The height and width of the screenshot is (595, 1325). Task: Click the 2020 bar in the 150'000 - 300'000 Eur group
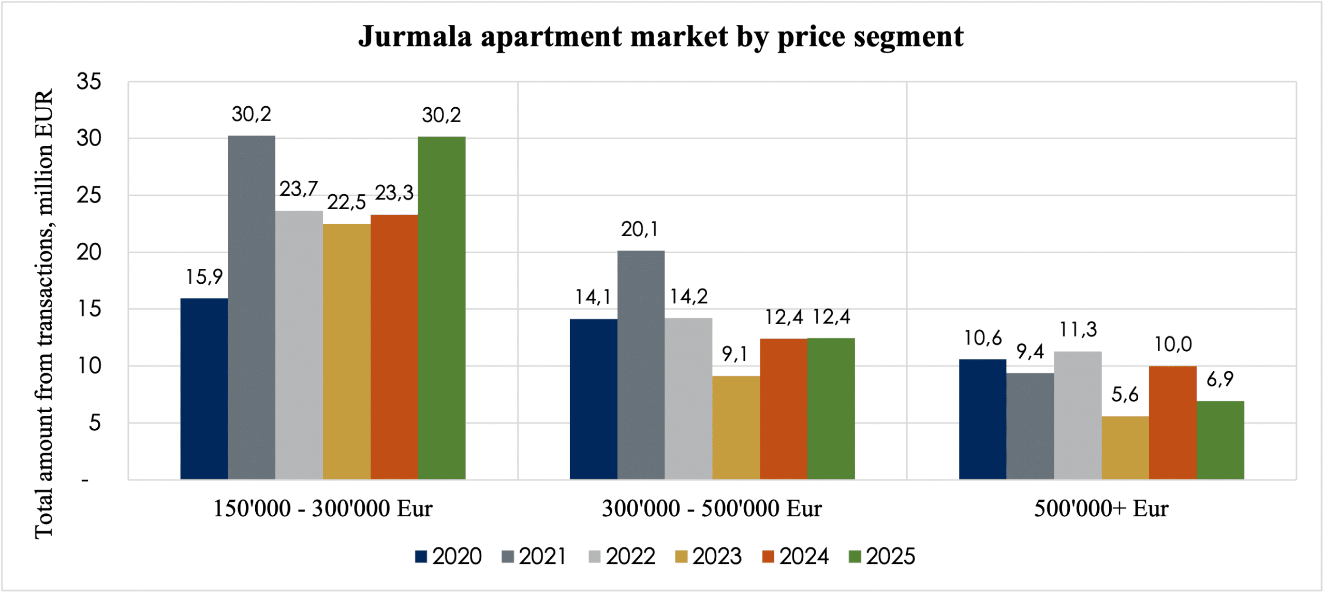[x=204, y=388]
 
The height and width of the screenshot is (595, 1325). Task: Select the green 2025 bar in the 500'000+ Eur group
[x=1220, y=440]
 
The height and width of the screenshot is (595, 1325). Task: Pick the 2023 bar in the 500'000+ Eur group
[x=1125, y=448]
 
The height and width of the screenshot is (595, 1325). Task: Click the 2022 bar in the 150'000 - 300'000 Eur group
[x=299, y=345]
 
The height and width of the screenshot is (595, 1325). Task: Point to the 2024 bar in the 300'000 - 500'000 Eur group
[x=784, y=409]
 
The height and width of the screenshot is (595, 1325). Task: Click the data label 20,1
[x=640, y=229]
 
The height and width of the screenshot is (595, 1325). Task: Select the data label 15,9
[x=204, y=277]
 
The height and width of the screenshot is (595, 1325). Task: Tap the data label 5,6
[x=1125, y=395]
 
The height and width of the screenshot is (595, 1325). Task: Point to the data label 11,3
[x=1078, y=329]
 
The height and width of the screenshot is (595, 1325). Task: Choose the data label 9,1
[x=735, y=354]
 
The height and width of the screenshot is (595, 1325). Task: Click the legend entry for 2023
[x=709, y=557]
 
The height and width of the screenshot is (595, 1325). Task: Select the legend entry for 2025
[x=882, y=557]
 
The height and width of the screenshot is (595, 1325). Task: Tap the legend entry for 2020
[x=448, y=557]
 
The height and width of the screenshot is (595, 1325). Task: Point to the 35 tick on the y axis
[x=89, y=82]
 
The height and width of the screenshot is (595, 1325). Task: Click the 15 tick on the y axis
[x=89, y=309]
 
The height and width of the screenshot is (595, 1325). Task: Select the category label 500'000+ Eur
[x=1101, y=509]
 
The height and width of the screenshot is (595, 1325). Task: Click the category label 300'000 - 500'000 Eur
[x=712, y=509]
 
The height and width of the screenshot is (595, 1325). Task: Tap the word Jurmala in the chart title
[x=415, y=37]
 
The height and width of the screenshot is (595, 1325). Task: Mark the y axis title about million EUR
[x=44, y=313]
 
